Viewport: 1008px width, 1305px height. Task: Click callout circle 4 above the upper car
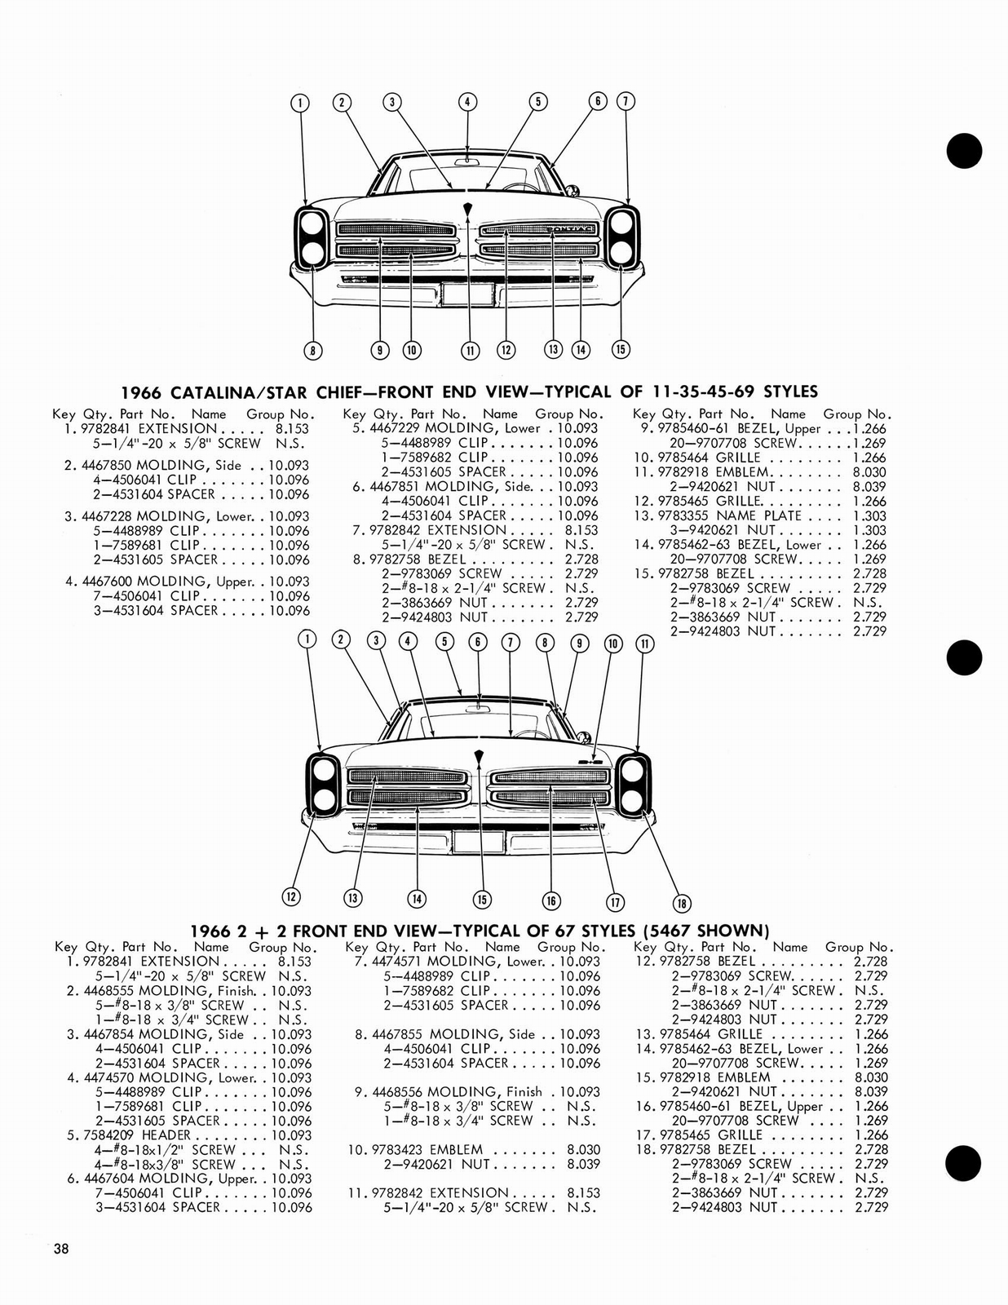(x=466, y=102)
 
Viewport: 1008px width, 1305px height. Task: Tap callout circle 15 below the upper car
(x=621, y=349)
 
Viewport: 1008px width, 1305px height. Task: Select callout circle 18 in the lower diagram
(x=682, y=903)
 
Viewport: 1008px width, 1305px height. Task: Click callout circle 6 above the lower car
(x=478, y=642)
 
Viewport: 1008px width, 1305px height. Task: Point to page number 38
(x=61, y=1249)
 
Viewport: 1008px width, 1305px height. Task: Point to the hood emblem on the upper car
(x=468, y=210)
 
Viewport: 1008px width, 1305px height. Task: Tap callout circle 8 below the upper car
(x=312, y=351)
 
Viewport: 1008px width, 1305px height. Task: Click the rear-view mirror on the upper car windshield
(x=467, y=161)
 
